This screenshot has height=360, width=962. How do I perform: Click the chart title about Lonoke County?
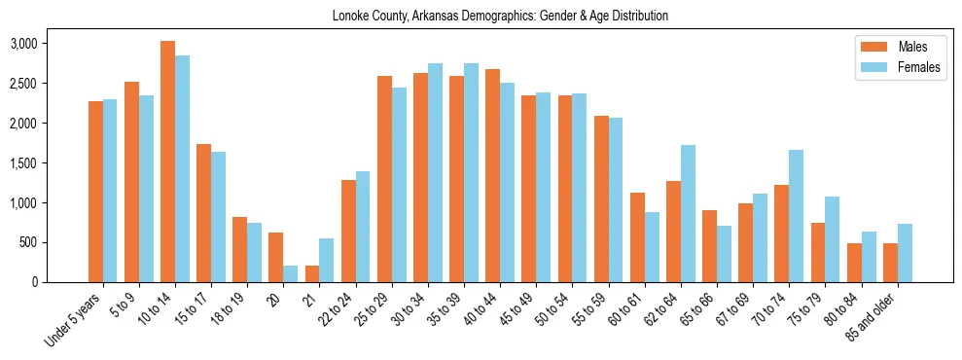pyautogui.click(x=500, y=17)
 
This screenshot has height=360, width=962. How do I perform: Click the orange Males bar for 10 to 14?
pyautogui.click(x=167, y=162)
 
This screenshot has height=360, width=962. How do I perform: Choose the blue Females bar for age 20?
pyautogui.click(x=291, y=273)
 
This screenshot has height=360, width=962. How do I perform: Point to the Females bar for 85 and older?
pyautogui.click(x=905, y=253)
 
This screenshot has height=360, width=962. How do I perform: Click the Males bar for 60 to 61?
pyautogui.click(x=637, y=237)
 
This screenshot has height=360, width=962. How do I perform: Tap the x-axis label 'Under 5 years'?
pyautogui.click(x=73, y=321)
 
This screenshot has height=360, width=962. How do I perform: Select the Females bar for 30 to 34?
pyautogui.click(x=435, y=172)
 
